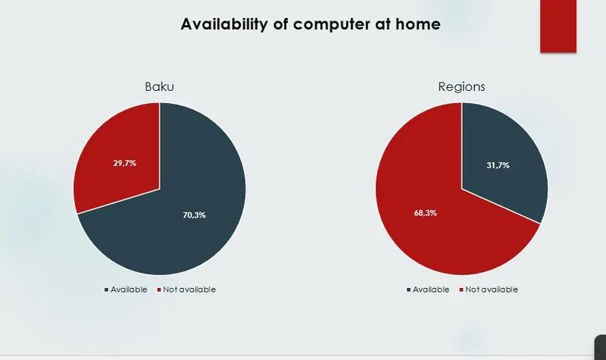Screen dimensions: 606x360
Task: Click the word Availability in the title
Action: (x=224, y=24)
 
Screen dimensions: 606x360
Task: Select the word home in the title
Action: (x=418, y=24)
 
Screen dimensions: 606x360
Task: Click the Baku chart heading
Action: (x=159, y=86)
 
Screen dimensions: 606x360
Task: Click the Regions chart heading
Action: (x=461, y=86)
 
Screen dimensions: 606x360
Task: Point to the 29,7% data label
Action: (x=125, y=163)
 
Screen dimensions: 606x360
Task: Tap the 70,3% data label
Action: (x=195, y=215)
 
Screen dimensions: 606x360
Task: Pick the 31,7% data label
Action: (x=498, y=165)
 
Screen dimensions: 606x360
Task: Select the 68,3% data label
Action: (x=426, y=213)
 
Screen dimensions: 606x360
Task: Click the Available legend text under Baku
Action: (x=129, y=290)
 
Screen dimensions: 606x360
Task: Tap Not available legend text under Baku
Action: (x=189, y=290)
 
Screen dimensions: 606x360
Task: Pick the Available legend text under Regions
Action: (x=431, y=290)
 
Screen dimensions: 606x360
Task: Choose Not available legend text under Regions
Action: (x=492, y=290)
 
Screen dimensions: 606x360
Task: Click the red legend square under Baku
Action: (x=159, y=290)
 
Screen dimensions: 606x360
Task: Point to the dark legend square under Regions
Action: (x=408, y=290)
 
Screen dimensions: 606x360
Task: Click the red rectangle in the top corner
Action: (x=558, y=26)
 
